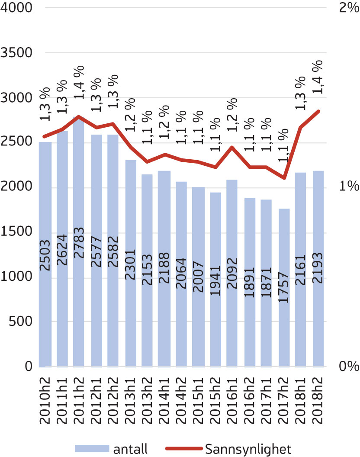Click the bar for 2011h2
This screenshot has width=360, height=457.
point(79,242)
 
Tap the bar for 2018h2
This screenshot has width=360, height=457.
point(318,268)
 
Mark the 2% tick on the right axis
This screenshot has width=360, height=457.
point(349,8)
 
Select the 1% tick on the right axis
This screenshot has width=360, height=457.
point(349,187)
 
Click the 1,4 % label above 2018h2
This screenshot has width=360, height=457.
point(318,77)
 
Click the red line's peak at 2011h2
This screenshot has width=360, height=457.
point(79,117)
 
